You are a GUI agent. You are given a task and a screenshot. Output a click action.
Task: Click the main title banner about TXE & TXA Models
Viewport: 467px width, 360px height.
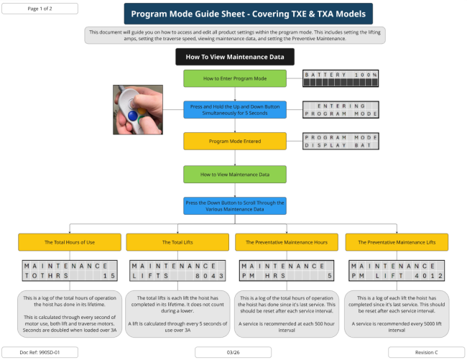click(248, 14)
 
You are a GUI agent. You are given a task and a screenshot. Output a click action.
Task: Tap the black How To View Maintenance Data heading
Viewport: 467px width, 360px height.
click(235, 57)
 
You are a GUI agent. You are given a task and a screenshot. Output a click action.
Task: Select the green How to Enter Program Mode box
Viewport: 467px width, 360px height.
click(235, 78)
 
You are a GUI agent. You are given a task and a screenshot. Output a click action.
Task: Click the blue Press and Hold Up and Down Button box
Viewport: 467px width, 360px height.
click(235, 109)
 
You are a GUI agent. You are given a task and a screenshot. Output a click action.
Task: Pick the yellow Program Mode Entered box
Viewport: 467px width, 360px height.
click(235, 141)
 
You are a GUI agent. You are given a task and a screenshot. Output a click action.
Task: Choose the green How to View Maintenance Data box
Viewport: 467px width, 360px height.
click(235, 174)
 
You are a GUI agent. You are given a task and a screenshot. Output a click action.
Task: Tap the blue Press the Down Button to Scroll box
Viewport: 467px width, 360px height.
click(235, 206)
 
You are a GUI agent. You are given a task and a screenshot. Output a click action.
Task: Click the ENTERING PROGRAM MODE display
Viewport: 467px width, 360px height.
click(341, 109)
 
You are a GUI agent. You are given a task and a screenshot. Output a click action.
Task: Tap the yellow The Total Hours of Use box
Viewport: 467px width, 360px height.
click(69, 242)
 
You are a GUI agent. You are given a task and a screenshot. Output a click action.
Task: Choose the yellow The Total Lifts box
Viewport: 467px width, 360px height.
click(177, 242)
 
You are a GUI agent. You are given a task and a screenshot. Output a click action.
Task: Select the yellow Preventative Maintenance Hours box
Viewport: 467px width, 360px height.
click(287, 242)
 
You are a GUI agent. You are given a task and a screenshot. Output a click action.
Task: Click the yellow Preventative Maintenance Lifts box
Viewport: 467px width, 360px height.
click(397, 242)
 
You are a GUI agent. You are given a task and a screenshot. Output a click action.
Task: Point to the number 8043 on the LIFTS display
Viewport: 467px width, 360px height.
click(210, 275)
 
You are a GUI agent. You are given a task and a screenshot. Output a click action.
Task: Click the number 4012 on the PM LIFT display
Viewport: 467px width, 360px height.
click(430, 275)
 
